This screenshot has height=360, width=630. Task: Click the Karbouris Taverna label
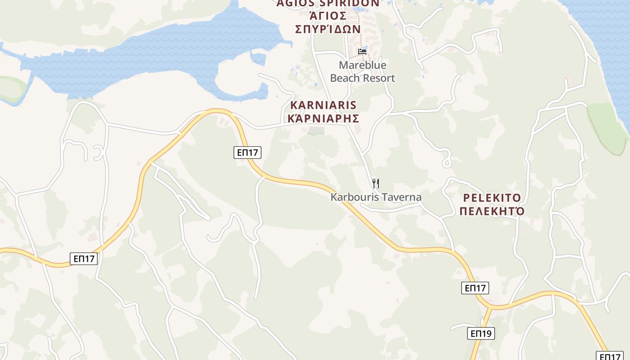(376, 197)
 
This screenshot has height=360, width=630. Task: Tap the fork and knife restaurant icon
(376, 184)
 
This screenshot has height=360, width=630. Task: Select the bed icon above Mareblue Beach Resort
(362, 52)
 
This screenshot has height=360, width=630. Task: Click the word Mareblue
(362, 65)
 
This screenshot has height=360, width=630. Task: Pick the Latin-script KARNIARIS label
(324, 105)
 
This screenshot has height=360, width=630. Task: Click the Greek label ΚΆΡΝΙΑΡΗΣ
(324, 119)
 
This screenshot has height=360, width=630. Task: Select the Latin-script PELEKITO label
(492, 198)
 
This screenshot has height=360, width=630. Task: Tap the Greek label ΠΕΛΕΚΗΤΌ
(492, 211)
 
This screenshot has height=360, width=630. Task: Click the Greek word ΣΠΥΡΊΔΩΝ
(328, 29)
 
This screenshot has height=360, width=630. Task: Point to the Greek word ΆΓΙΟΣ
(328, 16)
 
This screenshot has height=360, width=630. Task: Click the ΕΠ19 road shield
(481, 333)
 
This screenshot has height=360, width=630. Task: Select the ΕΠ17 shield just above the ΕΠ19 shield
(475, 288)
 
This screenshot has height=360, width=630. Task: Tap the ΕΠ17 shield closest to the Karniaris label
(247, 153)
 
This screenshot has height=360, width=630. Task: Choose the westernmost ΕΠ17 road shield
(84, 259)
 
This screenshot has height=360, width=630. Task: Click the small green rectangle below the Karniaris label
(316, 130)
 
